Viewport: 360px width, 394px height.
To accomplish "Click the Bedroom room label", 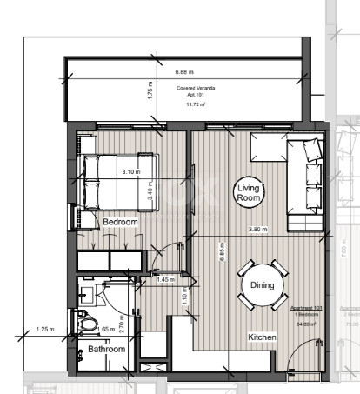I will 120,222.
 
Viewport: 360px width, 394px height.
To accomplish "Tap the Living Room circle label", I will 249,193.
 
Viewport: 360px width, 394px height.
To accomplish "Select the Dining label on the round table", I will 262,284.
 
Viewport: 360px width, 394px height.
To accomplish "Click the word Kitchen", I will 263,337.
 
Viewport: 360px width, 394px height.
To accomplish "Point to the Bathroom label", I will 106,349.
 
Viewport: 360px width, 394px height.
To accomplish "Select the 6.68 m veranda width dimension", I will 184,72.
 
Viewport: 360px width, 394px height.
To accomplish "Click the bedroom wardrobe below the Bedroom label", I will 110,260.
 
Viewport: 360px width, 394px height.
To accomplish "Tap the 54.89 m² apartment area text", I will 304,324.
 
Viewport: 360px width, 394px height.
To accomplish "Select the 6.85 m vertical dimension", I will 223,253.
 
